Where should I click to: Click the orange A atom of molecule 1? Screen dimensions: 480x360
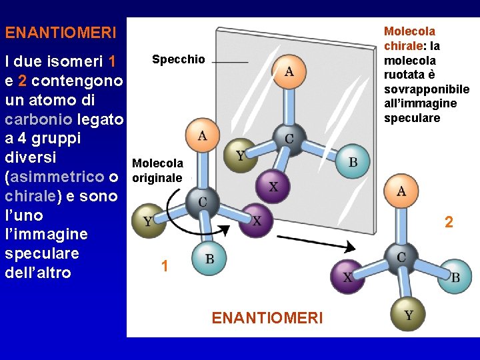point(202,136)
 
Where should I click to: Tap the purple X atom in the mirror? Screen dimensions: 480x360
point(273,187)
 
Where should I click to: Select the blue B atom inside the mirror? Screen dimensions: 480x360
point(353,162)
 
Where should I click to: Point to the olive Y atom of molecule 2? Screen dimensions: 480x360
point(408,314)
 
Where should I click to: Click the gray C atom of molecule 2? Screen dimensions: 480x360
point(401,258)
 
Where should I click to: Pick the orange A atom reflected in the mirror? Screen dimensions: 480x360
point(289,71)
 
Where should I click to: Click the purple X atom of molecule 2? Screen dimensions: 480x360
point(348,277)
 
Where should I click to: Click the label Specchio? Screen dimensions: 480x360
point(179,59)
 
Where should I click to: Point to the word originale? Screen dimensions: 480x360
point(157,179)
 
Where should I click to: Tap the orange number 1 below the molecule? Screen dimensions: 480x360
point(164,267)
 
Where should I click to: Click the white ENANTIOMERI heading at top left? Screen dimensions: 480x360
point(61,32)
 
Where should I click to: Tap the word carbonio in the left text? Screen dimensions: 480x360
point(38,119)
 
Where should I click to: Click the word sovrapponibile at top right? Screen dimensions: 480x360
point(427,89)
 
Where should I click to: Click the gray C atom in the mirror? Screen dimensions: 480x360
point(289,139)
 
